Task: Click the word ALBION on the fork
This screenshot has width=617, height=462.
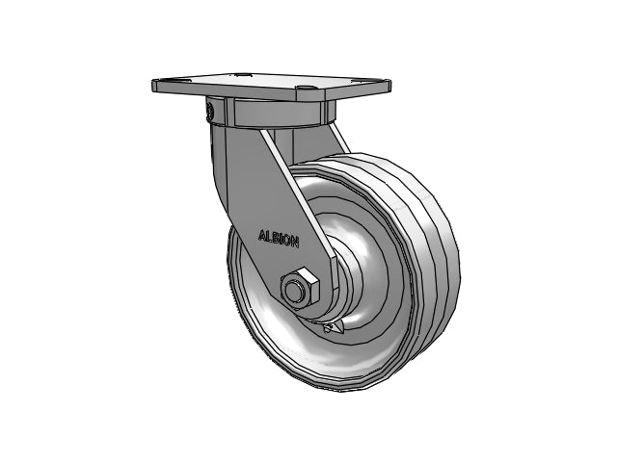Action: pyautogui.click(x=279, y=239)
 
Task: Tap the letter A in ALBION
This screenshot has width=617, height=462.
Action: pyautogui.click(x=262, y=235)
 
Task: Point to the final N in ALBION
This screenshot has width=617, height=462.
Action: pyautogui.click(x=294, y=243)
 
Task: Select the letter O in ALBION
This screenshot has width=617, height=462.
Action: pyautogui.click(x=286, y=241)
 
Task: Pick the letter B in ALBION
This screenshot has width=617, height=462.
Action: pyautogui.click(x=275, y=238)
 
